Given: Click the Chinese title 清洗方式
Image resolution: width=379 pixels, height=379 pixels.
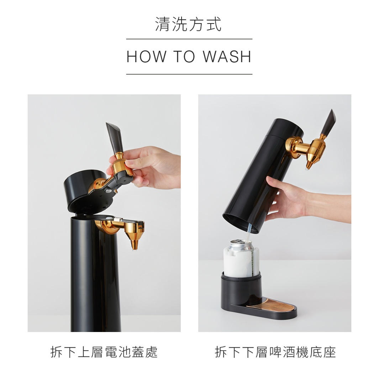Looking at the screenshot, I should (189, 24).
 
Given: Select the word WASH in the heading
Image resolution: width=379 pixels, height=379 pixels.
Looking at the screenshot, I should (227, 57).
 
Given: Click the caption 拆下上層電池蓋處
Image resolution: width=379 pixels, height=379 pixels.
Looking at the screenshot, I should (104, 352).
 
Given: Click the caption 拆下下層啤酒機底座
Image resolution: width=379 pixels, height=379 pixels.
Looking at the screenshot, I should (275, 352).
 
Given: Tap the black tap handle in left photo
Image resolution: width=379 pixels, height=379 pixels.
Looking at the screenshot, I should (115, 137).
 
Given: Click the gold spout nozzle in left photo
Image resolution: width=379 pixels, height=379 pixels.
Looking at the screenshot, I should (135, 242).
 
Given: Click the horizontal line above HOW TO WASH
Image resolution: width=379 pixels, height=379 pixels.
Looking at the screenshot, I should (189, 39).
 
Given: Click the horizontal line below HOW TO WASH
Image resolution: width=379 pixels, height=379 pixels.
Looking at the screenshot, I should (189, 74).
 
